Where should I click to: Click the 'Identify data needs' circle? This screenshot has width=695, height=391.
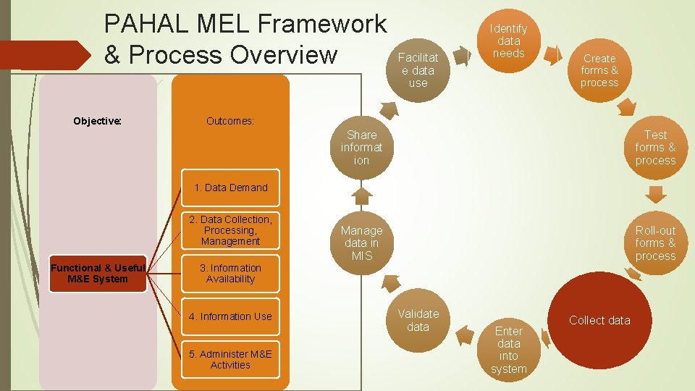coord(508,41)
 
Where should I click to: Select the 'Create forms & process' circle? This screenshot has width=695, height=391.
coord(599,70)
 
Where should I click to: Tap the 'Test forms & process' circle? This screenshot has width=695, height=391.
coord(654,148)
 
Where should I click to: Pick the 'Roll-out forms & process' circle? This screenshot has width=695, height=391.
coord(654,243)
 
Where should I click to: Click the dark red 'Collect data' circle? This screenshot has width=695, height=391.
coord(599,320)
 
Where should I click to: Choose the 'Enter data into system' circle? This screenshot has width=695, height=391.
coord(508,350)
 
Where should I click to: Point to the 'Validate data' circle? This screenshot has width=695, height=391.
coord(418,320)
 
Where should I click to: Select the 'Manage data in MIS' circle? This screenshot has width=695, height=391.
coord(362,243)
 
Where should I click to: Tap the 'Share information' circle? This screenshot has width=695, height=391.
coord(362,148)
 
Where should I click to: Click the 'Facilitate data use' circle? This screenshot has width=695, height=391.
coord(418,70)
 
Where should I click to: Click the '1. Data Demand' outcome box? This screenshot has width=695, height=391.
coord(230,188)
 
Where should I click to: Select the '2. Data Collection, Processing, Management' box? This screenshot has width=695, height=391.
coord(230,230)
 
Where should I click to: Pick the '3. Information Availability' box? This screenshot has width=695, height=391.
coord(230,274)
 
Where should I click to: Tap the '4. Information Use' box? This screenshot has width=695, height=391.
coord(230,316)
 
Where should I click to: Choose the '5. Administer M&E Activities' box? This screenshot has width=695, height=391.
coord(230,359)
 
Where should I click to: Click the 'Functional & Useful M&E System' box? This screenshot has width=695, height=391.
coord(98,274)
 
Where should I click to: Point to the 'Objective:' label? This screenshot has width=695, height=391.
coord(97,121)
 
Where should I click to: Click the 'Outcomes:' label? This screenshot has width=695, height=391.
coord(230,121)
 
